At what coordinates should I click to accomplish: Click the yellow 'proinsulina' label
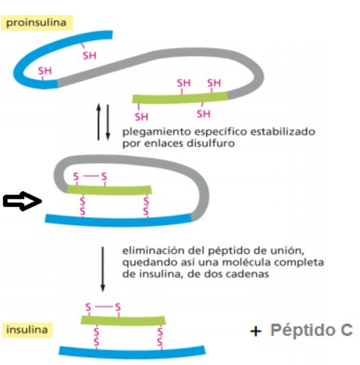[37, 23]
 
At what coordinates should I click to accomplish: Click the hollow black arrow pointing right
[23, 202]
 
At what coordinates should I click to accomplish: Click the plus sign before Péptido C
[254, 331]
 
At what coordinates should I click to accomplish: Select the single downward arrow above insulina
[103, 269]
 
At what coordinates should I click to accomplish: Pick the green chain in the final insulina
[123, 319]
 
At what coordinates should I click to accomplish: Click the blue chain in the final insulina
[132, 350]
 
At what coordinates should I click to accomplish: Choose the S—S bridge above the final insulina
[103, 306]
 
